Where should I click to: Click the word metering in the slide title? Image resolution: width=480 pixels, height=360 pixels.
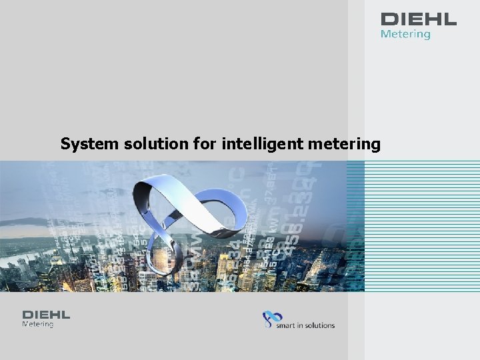[x=346, y=144]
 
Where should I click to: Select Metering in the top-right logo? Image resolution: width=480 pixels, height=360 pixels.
[x=405, y=33]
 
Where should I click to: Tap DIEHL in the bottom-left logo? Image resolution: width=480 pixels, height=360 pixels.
[x=46, y=315]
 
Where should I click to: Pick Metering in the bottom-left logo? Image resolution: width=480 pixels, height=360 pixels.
[x=38, y=325]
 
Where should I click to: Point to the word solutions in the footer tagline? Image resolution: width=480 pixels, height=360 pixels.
[x=321, y=325]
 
